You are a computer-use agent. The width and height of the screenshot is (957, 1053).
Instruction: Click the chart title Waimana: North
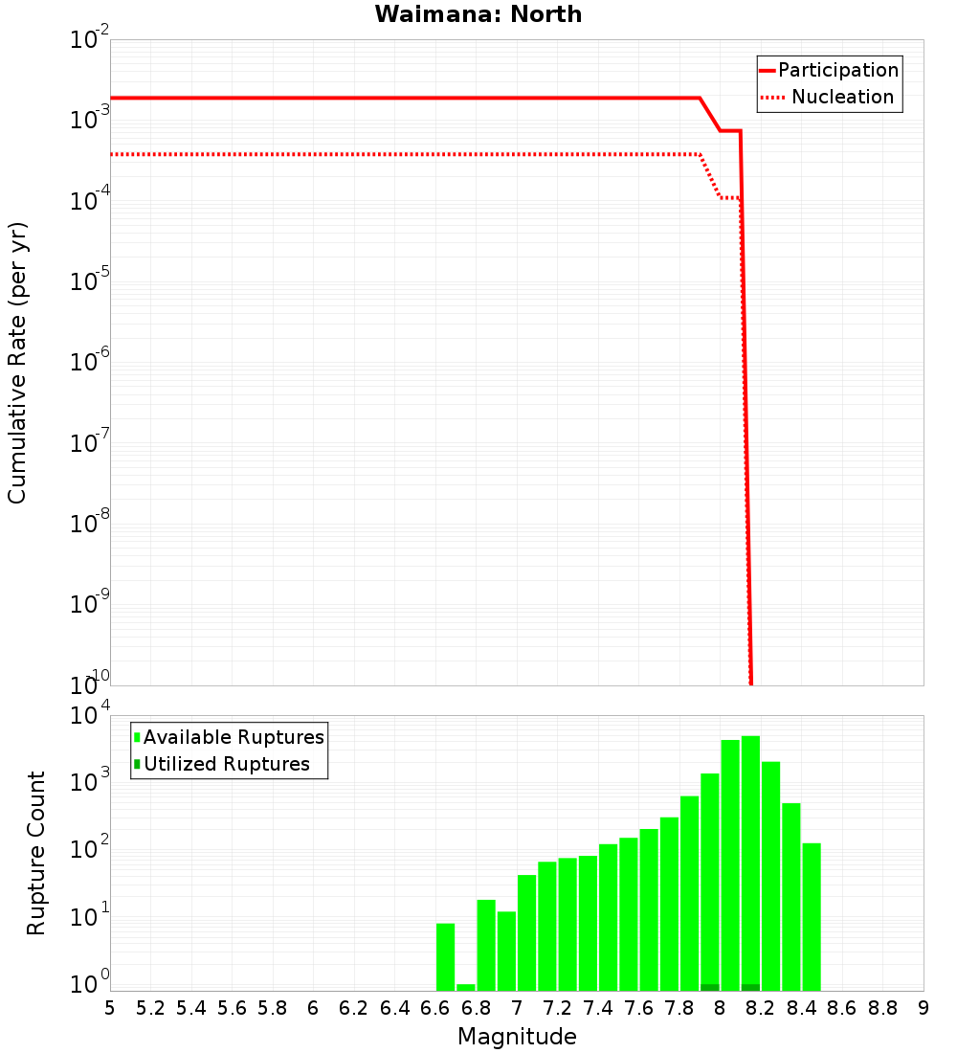(x=478, y=14)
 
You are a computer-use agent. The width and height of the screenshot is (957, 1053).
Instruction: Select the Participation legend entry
(x=838, y=70)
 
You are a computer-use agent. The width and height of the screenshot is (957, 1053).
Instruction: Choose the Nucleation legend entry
(x=842, y=97)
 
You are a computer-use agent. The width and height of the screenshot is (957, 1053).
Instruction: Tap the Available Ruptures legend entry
(x=234, y=737)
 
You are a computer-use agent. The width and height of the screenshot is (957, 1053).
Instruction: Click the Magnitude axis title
(x=517, y=1036)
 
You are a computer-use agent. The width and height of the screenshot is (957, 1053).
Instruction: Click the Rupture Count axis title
(x=36, y=852)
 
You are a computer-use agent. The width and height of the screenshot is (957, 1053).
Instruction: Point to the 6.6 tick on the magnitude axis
(x=435, y=1008)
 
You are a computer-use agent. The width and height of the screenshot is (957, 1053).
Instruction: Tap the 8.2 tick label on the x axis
(x=761, y=1008)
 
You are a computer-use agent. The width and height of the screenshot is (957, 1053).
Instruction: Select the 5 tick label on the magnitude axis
(x=110, y=1008)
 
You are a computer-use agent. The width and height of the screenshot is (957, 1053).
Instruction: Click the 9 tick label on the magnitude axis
(x=924, y=1008)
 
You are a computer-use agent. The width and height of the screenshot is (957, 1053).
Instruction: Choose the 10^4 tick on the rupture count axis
(x=92, y=717)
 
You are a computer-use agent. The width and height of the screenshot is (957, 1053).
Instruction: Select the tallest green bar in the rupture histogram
(x=750, y=862)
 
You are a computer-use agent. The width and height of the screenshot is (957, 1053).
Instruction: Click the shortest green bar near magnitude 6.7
(x=466, y=987)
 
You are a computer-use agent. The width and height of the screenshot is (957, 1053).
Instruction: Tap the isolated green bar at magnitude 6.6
(x=445, y=957)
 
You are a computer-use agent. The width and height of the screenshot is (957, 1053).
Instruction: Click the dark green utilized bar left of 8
(x=710, y=987)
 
